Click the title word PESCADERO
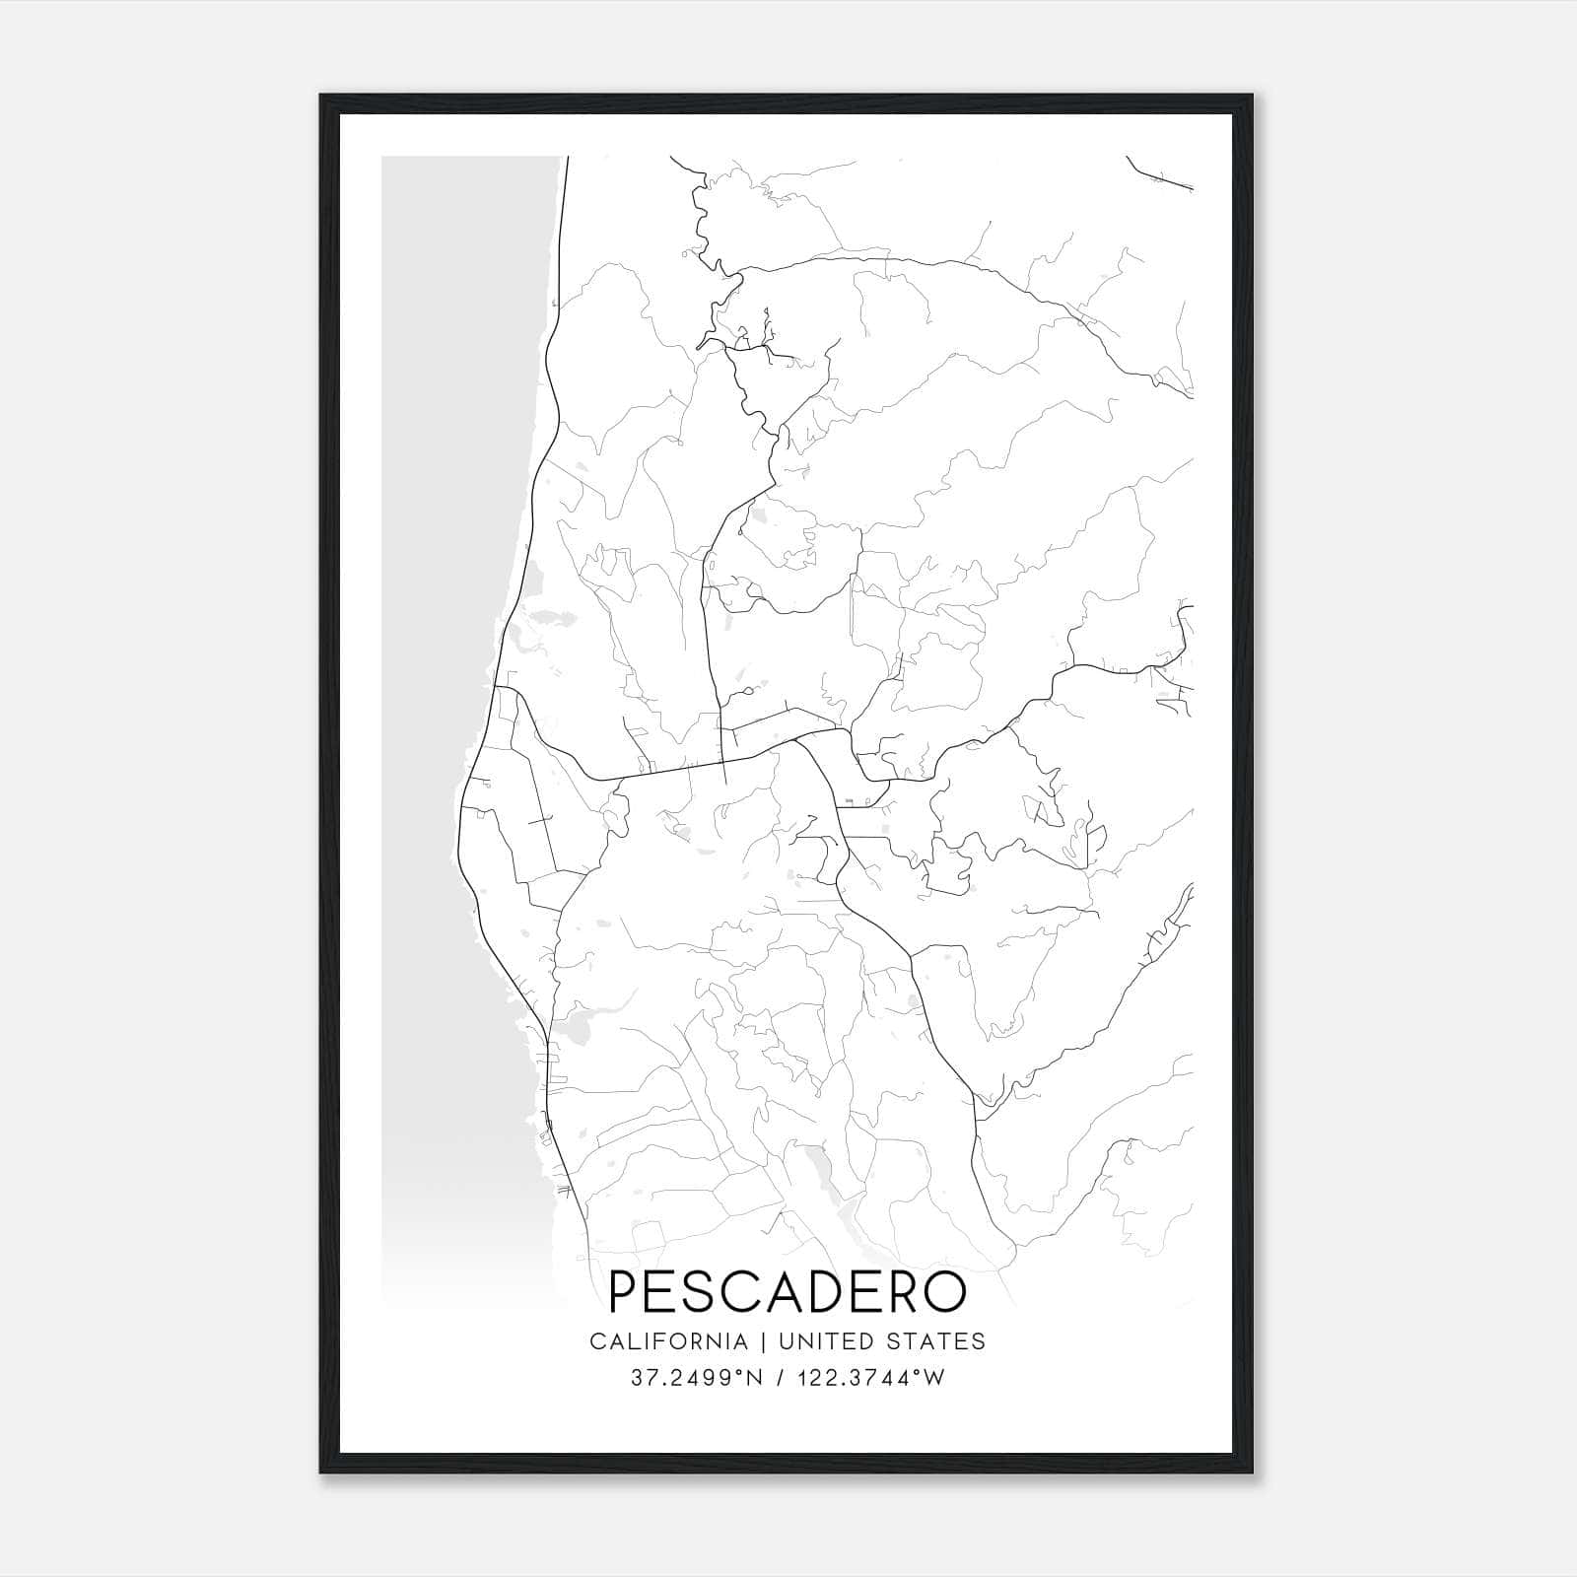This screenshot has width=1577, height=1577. pos(788,1291)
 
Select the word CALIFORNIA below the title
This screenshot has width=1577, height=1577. pos(668,1341)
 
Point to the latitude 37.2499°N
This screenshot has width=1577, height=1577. pos(696,1378)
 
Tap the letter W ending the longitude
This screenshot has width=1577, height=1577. pos(935,1378)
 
